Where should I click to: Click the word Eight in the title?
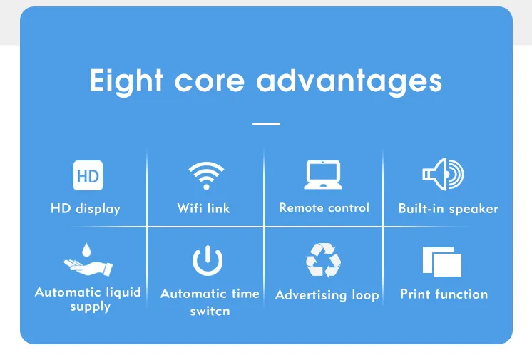[121, 81]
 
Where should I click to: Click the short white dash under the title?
[266, 123]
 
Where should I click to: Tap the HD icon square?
[88, 175]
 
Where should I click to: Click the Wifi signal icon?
[206, 175]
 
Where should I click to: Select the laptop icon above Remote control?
[323, 175]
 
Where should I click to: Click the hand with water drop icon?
[88, 261]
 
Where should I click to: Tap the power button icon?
[208, 260]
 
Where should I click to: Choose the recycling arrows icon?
[323, 260]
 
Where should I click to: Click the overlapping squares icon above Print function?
[442, 262]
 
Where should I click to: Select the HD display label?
[86, 209]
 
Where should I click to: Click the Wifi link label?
[204, 209]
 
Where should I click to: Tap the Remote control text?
[324, 208]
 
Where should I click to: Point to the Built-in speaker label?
[448, 209]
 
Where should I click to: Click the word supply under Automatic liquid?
[90, 307]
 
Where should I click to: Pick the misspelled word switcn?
[210, 312]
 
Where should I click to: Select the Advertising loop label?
[327, 294]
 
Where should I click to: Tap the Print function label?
[444, 294]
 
